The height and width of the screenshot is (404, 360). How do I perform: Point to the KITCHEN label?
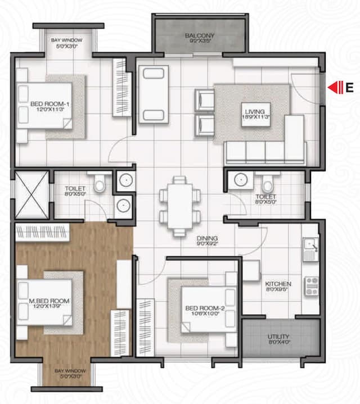[x=278, y=284]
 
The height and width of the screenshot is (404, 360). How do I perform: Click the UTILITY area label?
[x=280, y=337]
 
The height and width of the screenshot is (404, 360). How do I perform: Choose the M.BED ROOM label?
[x=49, y=301]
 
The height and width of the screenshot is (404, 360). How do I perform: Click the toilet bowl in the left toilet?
[x=100, y=184]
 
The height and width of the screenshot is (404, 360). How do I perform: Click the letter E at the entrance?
[x=349, y=87]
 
